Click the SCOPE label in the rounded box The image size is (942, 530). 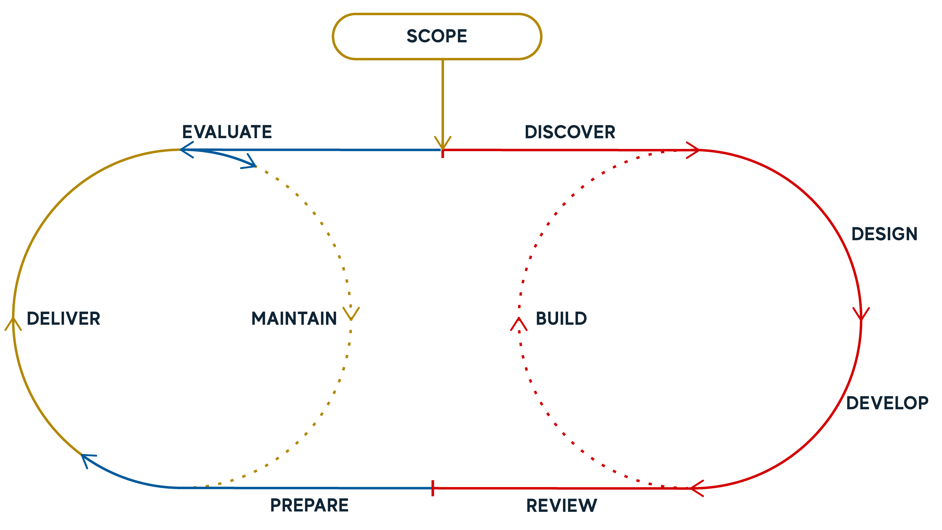437,36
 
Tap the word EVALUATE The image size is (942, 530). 227,132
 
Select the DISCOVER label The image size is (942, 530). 570,132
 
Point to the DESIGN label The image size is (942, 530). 884,234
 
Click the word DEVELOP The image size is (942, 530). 887,403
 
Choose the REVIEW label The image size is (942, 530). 561,506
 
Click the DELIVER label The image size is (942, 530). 63,318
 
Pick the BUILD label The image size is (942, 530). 561,318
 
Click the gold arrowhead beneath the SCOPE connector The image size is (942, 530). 443,143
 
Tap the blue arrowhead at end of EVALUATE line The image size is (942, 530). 186,150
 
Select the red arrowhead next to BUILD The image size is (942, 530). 519,323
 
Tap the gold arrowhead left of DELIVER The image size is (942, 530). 13,323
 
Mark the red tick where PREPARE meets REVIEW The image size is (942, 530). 432,488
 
